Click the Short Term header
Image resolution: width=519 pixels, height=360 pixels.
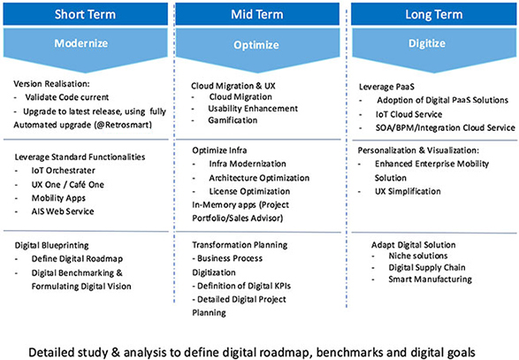click(86, 14)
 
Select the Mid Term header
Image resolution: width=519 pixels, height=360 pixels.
click(257, 14)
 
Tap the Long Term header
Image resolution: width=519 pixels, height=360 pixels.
click(433, 14)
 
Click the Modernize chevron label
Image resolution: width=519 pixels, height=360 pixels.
click(81, 43)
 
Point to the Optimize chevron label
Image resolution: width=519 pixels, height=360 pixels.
click(256, 45)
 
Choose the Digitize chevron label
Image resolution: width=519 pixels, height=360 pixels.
click(427, 43)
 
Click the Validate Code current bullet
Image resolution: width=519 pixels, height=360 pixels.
click(67, 97)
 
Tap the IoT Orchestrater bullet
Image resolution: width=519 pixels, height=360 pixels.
click(64, 170)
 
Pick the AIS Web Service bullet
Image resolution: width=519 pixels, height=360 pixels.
click(63, 211)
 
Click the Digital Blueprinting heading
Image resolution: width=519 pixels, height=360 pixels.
click(51, 245)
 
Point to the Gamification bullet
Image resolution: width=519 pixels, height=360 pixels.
click(233, 120)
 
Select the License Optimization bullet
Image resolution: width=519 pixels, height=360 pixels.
click(249, 191)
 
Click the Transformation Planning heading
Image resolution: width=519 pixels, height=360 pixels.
click(240, 245)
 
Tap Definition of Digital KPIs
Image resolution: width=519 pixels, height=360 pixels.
click(244, 286)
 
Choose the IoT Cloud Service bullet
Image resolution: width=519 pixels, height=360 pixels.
click(408, 114)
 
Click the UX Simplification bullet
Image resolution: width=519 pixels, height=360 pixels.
click(408, 191)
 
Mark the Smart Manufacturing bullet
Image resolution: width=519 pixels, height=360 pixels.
click(431, 280)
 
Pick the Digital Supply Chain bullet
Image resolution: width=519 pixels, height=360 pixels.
click(427, 267)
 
